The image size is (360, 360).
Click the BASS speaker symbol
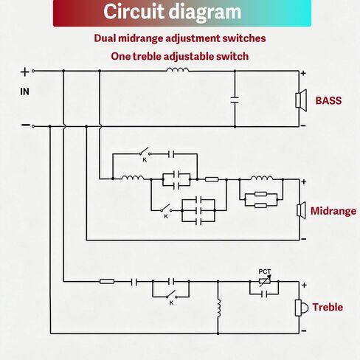coord(301,100)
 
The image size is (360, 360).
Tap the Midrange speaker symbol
coord(301,210)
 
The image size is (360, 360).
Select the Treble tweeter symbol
coord(301,308)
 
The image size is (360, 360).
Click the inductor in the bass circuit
coord(178,69)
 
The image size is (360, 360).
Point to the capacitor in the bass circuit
coord(235,100)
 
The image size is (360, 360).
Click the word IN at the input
coord(24,91)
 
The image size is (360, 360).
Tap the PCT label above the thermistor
coord(265,271)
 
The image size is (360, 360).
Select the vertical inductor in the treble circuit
coord(218,308)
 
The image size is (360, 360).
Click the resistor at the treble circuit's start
coord(107,281)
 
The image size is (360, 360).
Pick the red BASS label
coord(328,100)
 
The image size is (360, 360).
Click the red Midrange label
coord(333,211)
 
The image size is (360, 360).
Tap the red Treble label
coord(328,307)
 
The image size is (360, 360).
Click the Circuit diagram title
coord(173,12)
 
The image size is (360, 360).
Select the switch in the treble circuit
coord(171,294)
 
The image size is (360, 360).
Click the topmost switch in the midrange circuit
coord(145,151)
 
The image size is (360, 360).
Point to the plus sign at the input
coord(24,72)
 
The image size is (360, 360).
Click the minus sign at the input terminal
coord(25,125)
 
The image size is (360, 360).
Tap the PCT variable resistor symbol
coord(265,281)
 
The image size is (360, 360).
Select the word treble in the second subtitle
coord(147,57)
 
